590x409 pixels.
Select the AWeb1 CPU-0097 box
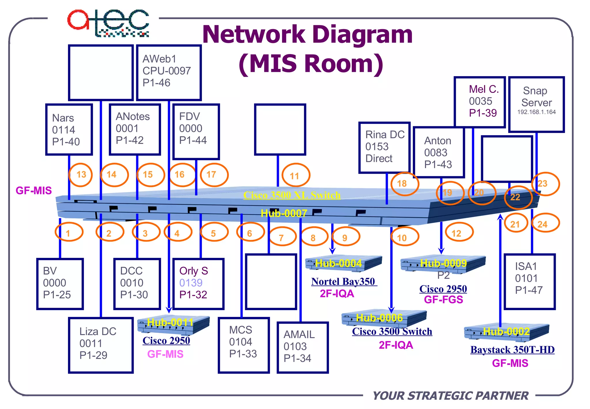[169, 72]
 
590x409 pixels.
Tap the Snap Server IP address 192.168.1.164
[536, 112]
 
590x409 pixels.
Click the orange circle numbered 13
[81, 175]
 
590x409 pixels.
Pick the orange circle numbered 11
[296, 175]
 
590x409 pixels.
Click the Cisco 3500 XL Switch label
[292, 195]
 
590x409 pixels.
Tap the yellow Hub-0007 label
[284, 213]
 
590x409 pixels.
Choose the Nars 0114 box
[69, 130]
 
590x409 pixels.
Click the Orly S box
[198, 284]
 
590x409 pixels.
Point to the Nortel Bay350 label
[343, 282]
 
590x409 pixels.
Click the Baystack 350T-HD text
[512, 350]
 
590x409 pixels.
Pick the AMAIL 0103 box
[302, 347]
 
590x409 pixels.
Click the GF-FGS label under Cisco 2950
[443, 300]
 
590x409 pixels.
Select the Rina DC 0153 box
[384, 147]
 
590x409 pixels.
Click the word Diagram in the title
[362, 35]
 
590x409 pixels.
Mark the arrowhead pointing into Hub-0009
[441, 251]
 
